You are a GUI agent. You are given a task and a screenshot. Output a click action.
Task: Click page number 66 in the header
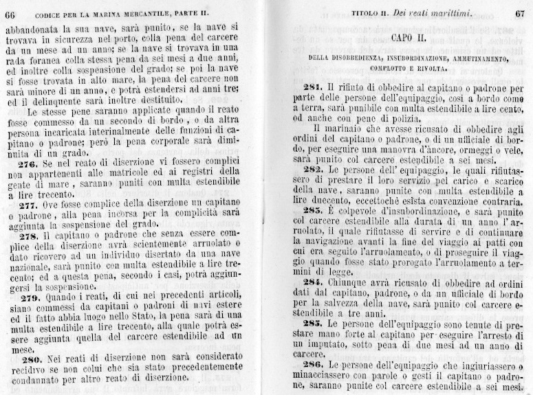pyautogui.click(x=12, y=14)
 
